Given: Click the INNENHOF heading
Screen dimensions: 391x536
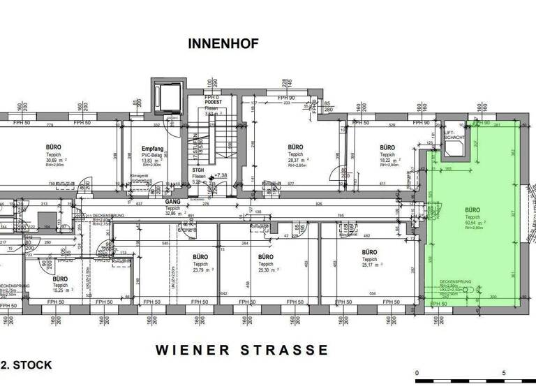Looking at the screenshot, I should [x=223, y=44].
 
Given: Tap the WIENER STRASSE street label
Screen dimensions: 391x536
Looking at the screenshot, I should [x=241, y=349].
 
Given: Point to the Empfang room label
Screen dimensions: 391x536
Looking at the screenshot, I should [x=152, y=149].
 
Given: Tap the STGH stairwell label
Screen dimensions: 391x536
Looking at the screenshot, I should [x=199, y=169].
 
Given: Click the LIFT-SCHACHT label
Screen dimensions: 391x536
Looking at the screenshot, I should [x=454, y=134].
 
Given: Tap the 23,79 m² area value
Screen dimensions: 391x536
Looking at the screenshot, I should [x=201, y=270].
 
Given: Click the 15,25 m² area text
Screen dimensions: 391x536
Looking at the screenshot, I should [x=60, y=291].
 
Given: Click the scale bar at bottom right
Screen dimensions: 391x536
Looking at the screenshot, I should [x=475, y=381].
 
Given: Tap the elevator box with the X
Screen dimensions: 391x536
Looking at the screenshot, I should [x=167, y=95].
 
